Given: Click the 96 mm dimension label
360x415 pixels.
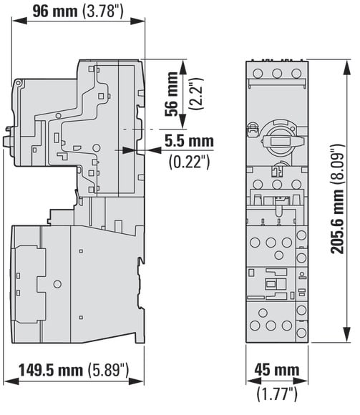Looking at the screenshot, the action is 55,11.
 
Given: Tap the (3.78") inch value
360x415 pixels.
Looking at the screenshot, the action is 103,12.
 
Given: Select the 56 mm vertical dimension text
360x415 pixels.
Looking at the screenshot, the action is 172,94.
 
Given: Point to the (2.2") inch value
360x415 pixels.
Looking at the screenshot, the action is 196,94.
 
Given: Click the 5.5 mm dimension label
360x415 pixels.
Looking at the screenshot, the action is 189,141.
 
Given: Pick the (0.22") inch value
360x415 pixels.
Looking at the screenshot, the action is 190,162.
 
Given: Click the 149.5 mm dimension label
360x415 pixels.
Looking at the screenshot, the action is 51,370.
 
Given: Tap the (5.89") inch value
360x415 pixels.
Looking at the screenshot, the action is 108,370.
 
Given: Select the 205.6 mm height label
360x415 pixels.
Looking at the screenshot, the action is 338,222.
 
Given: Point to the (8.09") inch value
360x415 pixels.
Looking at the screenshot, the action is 338,165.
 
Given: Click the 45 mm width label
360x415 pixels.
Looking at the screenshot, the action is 277,370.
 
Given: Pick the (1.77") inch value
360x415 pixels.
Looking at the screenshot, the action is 277,394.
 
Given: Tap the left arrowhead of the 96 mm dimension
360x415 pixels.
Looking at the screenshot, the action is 19,21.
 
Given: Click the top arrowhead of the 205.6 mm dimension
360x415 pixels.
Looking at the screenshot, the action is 346,69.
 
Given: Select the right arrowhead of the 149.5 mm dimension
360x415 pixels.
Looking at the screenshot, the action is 136,381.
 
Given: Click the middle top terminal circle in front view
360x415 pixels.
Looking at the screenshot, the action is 277,73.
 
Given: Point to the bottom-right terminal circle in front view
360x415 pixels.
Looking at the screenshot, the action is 301,333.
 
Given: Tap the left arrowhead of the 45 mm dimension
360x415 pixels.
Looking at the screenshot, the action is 253,381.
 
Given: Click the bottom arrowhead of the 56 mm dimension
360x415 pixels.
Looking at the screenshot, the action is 183,121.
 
